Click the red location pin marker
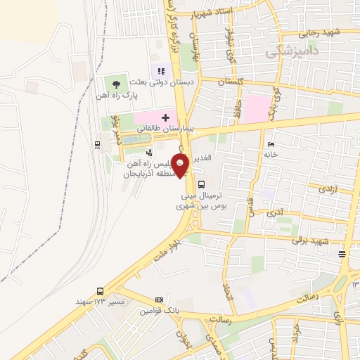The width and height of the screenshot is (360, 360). [x=181, y=165]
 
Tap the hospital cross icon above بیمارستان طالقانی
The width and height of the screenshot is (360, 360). [x=165, y=116]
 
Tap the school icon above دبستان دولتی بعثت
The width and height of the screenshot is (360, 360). [x=162, y=71]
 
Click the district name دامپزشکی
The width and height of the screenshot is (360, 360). [x=290, y=52]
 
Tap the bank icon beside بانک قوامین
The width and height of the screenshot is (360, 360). [x=159, y=300]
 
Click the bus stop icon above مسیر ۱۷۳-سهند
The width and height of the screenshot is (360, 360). [x=100, y=290]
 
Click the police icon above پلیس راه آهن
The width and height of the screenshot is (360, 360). [x=148, y=152]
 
